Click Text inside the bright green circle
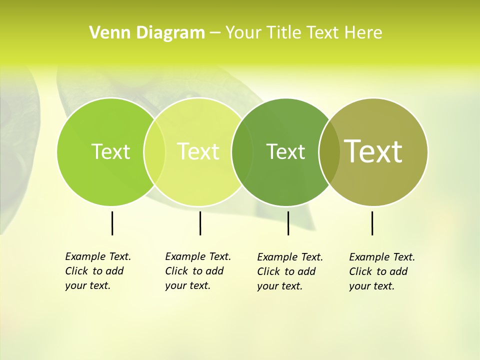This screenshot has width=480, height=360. click(110, 151)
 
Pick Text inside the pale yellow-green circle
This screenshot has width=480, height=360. click(198, 151)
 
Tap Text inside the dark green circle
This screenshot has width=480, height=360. click(285, 151)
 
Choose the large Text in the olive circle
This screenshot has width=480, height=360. click(373, 151)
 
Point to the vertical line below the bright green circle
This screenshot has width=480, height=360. click(112, 223)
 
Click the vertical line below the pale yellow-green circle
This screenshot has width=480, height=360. click(200, 223)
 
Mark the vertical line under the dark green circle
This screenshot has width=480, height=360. click(288, 223)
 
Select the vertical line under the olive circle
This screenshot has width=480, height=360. click(372, 223)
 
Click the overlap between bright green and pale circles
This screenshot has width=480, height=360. click(154, 151)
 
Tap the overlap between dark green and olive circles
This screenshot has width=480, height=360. click(329, 151)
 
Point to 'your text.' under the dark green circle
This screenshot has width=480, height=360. click(279, 286)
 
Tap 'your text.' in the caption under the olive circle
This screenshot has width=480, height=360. click(371, 286)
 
